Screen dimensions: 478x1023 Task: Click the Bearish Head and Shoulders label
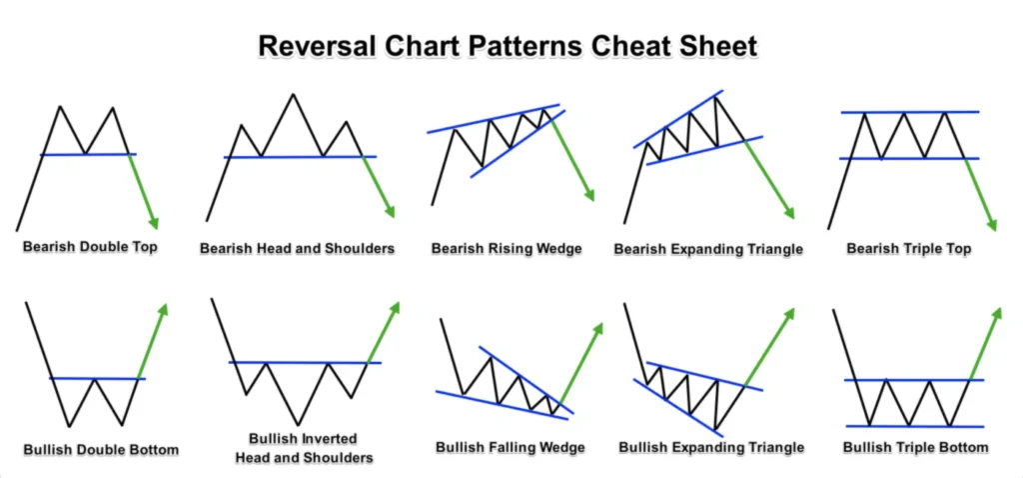[x=297, y=247]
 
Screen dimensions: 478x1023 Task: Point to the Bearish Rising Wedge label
[x=507, y=247]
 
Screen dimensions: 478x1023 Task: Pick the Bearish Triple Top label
[x=908, y=247]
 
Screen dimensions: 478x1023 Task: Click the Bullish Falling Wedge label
[x=510, y=447]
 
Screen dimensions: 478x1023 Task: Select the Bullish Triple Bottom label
[x=915, y=447]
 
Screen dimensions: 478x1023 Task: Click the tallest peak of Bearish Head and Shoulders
[x=293, y=95]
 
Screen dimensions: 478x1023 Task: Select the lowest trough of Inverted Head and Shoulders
[x=297, y=424]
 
